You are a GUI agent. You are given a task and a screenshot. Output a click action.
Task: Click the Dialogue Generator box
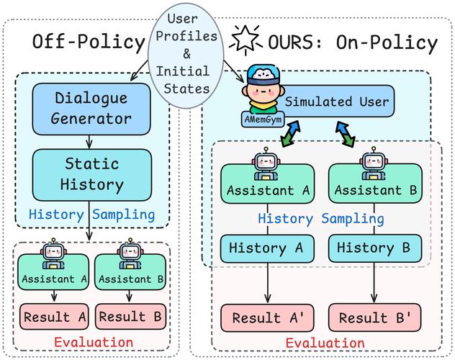click(91, 106)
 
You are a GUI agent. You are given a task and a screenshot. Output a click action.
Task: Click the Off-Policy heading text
click(89, 42)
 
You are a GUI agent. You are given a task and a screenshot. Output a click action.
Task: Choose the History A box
click(266, 248)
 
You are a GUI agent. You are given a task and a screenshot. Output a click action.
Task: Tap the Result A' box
click(266, 318)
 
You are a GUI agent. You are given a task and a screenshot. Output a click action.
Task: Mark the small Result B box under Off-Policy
click(132, 316)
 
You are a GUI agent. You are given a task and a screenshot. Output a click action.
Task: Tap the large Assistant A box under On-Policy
click(266, 184)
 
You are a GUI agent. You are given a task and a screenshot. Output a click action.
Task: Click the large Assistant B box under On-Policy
click(372, 184)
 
